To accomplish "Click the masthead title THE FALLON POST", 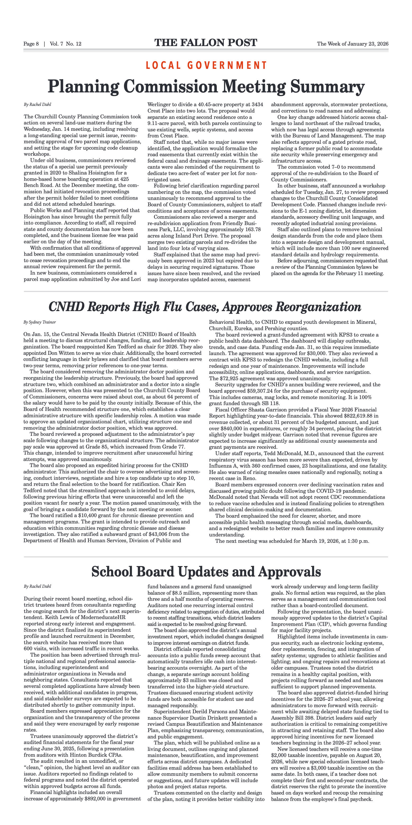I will coord(206,43).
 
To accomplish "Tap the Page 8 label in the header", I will coord(31,44).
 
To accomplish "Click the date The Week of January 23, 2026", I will coord(353,44).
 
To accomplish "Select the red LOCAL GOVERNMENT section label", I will coord(206,65).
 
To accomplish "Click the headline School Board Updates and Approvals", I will coord(206,571).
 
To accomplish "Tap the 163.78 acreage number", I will coord(250,229).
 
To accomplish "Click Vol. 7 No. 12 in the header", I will coord(66,44).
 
